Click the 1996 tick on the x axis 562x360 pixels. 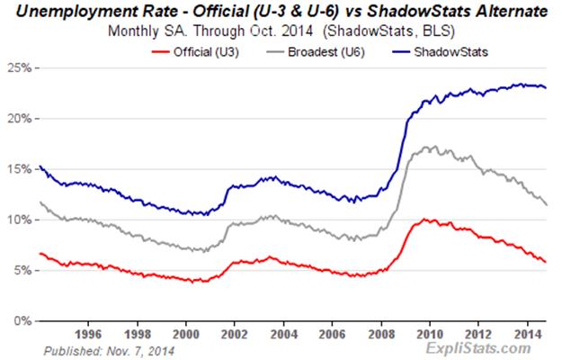87,331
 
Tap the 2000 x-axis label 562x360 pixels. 181,331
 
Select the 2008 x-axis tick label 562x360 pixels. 368,331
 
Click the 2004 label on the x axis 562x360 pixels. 274,331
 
